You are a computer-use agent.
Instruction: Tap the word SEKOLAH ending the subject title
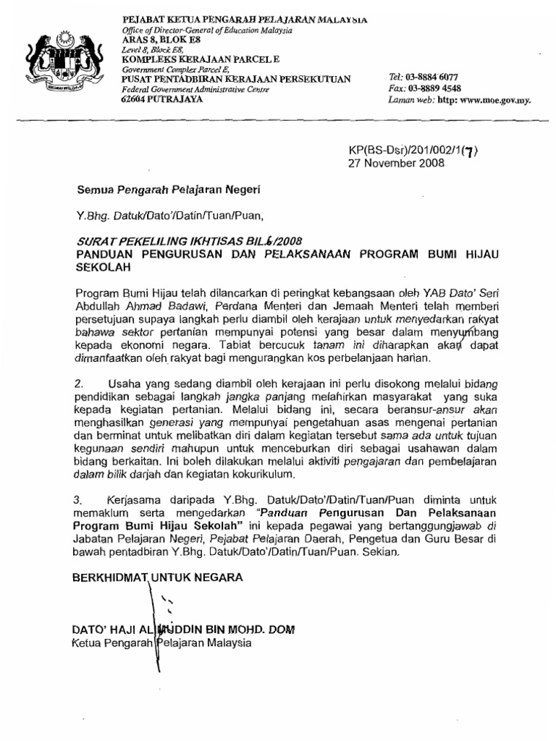coord(99,266)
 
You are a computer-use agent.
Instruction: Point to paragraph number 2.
coord(80,383)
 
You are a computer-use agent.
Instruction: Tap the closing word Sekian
coord(381,551)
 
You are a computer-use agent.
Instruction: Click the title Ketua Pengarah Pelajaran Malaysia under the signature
coord(163,643)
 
